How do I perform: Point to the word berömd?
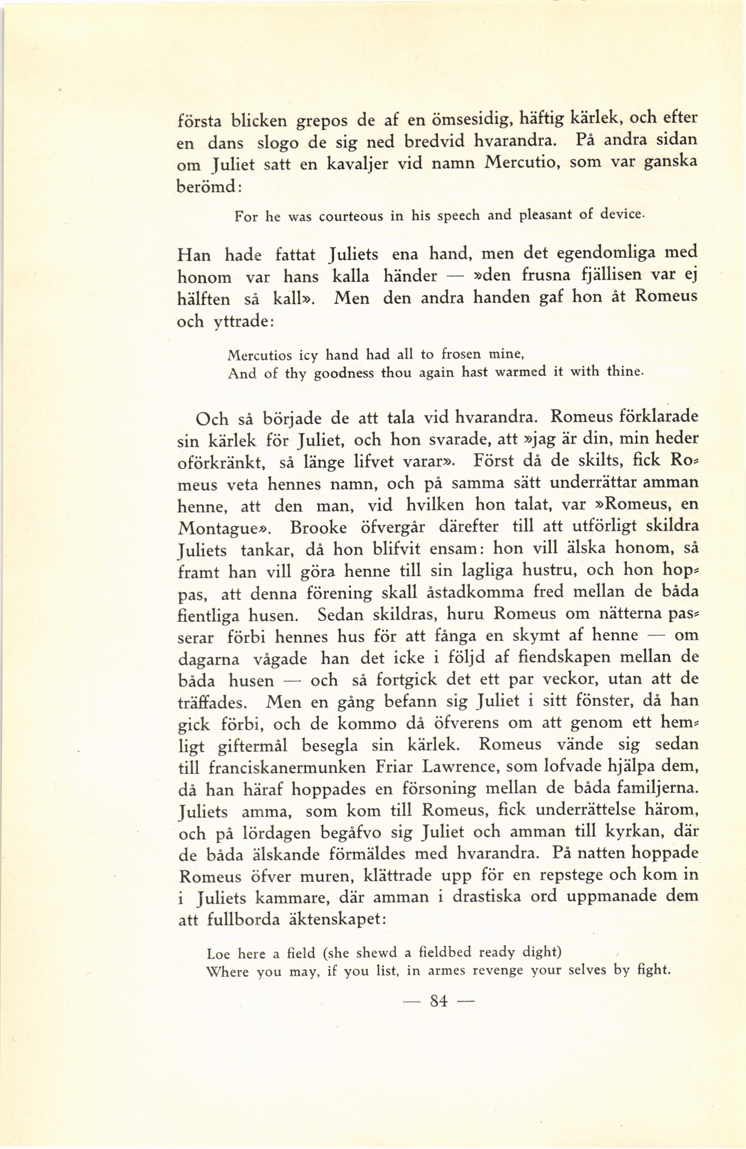(208, 187)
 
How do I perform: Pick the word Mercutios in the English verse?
(259, 356)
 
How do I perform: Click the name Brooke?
(318, 528)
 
